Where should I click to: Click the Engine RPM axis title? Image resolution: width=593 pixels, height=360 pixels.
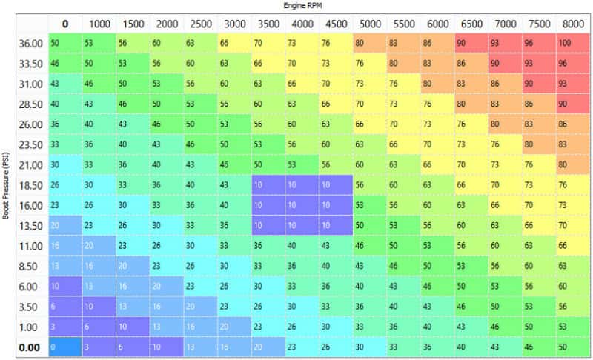pyautogui.click(x=302, y=5)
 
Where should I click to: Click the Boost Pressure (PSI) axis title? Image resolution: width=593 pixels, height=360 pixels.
pyautogui.click(x=5, y=185)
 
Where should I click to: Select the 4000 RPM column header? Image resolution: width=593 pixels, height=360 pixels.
pyautogui.click(x=302, y=24)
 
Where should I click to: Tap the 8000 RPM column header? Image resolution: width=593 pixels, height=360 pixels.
pyautogui.click(x=573, y=24)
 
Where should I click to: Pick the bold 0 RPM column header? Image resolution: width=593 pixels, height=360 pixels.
pyautogui.click(x=65, y=24)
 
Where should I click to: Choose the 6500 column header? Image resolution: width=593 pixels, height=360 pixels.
pyautogui.click(x=471, y=24)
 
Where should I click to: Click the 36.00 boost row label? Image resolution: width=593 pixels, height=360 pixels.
pyautogui.click(x=30, y=44)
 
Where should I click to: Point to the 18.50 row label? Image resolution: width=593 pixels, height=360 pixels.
pyautogui.click(x=30, y=185)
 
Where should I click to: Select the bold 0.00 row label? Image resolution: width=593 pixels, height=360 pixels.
pyautogui.click(x=29, y=347)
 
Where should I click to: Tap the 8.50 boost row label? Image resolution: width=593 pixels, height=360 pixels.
pyautogui.click(x=28, y=267)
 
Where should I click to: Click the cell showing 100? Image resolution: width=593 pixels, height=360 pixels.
pyautogui.click(x=573, y=43)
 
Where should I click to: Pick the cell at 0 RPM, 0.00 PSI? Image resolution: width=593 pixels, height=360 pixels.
pyautogui.click(x=65, y=347)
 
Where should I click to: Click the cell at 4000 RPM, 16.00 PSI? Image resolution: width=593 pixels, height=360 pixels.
pyautogui.click(x=302, y=205)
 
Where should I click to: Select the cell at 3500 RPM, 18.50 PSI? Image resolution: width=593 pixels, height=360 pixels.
pyautogui.click(x=268, y=184)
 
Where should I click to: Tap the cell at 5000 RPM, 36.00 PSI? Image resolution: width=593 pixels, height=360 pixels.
pyautogui.click(x=370, y=43)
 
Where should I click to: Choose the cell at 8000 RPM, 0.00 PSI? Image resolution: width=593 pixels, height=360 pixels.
pyautogui.click(x=573, y=347)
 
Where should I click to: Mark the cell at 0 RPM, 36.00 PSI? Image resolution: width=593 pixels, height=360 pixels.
pyautogui.click(x=65, y=43)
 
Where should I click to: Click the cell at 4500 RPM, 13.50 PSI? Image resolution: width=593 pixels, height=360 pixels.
pyautogui.click(x=337, y=225)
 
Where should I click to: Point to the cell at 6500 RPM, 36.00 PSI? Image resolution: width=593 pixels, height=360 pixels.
pyautogui.click(x=471, y=43)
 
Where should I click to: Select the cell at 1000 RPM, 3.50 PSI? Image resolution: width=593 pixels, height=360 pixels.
pyautogui.click(x=99, y=307)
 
